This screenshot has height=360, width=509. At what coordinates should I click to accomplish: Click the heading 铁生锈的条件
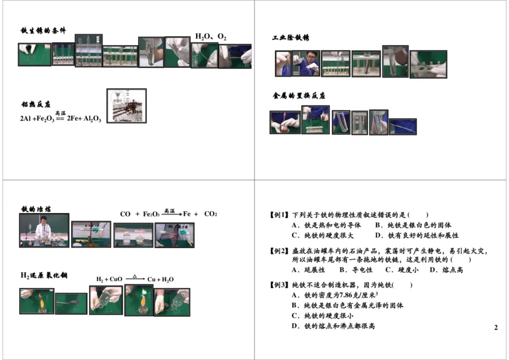pyautogui.click(x=43, y=30)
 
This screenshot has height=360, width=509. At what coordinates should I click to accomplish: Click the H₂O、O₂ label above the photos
pyautogui.click(x=211, y=37)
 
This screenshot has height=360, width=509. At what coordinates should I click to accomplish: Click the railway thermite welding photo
pyautogui.click(x=126, y=105)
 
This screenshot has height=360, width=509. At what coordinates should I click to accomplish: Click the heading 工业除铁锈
pyautogui.click(x=291, y=38)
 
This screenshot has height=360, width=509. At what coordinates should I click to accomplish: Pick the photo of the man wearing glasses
pyautogui.click(x=307, y=64)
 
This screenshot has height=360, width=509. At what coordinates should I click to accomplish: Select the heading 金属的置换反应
pyautogui.click(x=299, y=95)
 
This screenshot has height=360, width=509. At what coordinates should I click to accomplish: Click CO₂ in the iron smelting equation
pyautogui.click(x=211, y=214)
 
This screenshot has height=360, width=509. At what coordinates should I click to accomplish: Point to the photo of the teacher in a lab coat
pyautogui.click(x=44, y=230)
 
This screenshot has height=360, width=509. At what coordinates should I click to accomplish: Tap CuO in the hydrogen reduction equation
pyautogui.click(x=116, y=279)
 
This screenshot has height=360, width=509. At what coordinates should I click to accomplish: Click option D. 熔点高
pyautogui.click(x=446, y=270)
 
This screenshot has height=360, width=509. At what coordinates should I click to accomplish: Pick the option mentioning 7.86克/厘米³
pyautogui.click(x=335, y=294)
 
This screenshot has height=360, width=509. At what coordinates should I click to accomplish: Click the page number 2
pyautogui.click(x=496, y=328)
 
